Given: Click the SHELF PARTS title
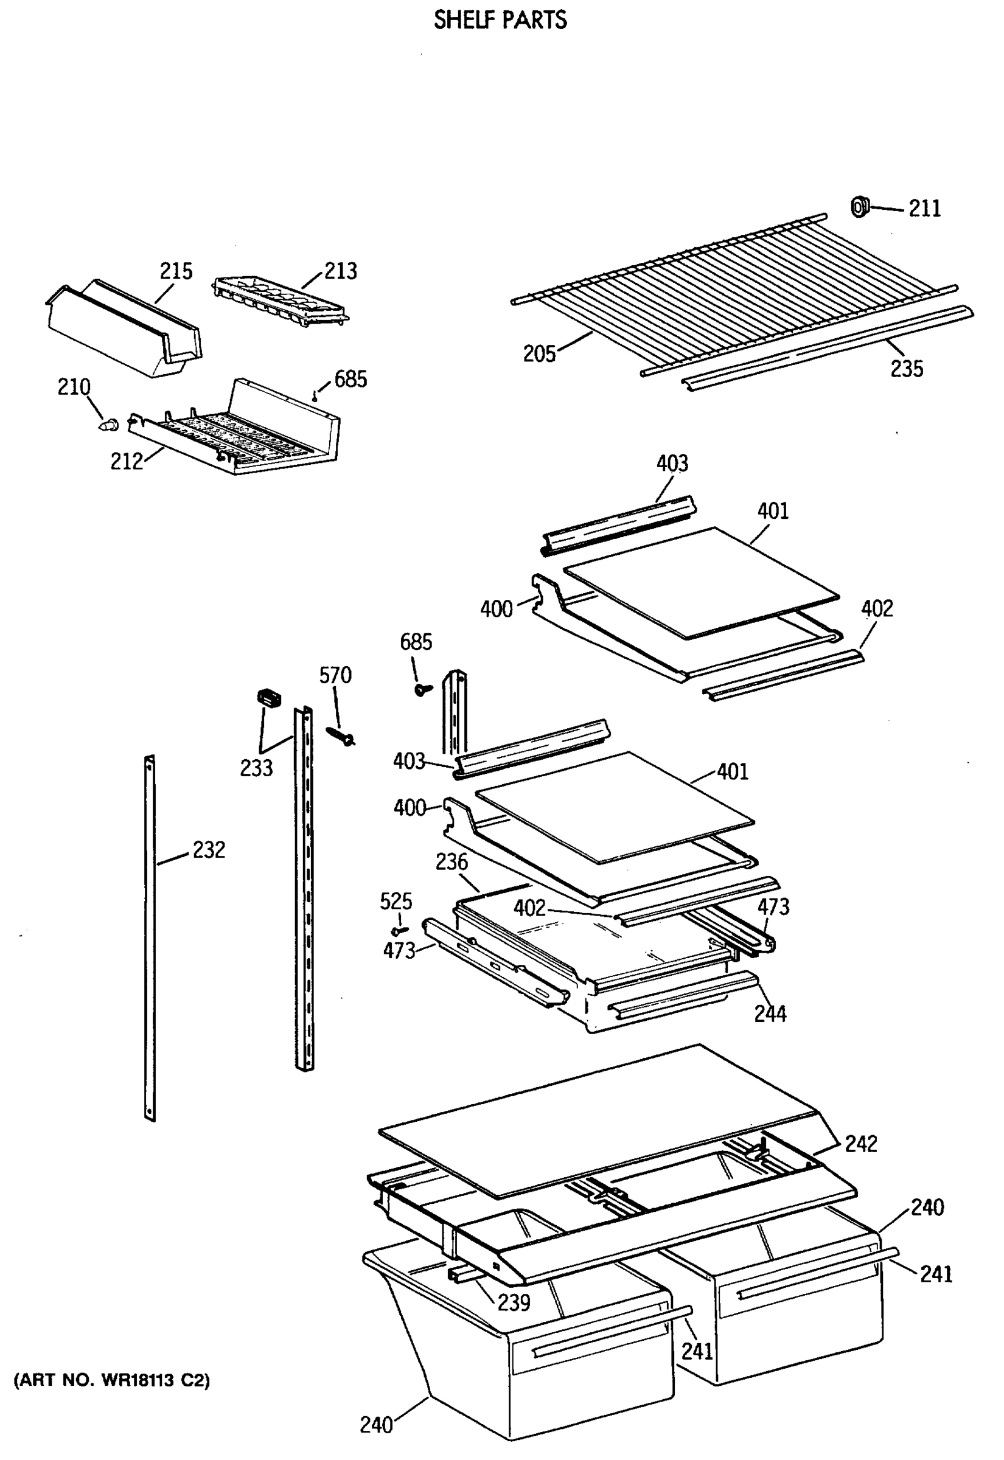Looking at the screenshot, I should [x=500, y=20].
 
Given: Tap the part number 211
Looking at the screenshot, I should [x=924, y=209].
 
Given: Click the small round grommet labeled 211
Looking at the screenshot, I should [x=859, y=206].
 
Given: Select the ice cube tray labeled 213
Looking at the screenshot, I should [x=280, y=301].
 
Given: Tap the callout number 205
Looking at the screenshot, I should [x=539, y=354].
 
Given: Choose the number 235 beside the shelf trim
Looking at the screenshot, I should [x=907, y=369].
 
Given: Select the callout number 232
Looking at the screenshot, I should [x=208, y=850].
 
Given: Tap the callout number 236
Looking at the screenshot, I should [x=451, y=862].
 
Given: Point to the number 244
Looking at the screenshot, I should [x=770, y=1013].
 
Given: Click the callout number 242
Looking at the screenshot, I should [x=860, y=1144].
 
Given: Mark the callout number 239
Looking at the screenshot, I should [x=514, y=1302].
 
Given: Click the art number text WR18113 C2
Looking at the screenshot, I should [x=112, y=1380].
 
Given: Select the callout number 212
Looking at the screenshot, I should [x=127, y=462].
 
